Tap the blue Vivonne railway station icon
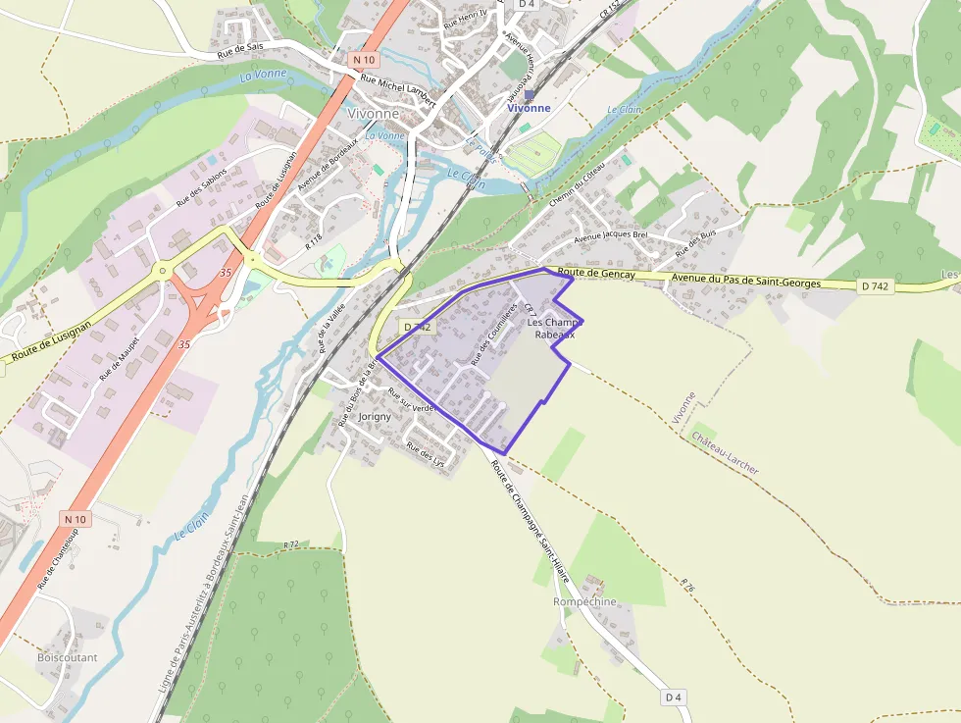530,95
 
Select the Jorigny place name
375,416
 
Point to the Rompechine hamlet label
584,601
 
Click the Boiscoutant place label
67,657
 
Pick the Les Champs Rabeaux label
551,329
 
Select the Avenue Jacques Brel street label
611,235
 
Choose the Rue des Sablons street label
201,186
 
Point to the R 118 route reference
314,239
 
